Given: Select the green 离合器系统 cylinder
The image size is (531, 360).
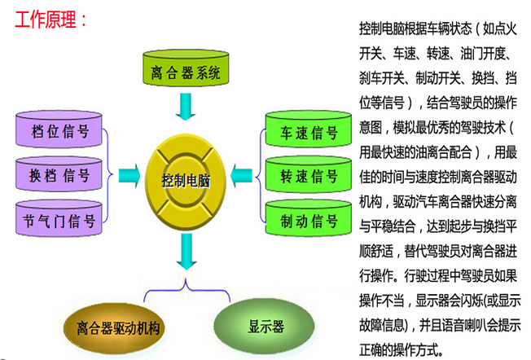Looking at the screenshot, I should click(x=186, y=72).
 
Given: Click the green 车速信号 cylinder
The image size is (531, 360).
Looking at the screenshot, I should click(x=309, y=133).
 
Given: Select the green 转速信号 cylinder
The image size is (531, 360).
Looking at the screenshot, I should click(x=309, y=176).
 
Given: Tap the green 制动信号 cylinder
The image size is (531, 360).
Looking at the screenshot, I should click(x=309, y=220).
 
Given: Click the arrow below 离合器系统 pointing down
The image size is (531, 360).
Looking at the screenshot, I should click(x=187, y=106).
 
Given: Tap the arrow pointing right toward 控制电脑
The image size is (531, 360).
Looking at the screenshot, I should click(x=129, y=175).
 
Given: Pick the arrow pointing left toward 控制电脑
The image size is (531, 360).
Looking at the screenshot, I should click(x=243, y=175).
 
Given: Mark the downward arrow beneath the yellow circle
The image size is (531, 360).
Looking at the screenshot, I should click(x=187, y=252).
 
